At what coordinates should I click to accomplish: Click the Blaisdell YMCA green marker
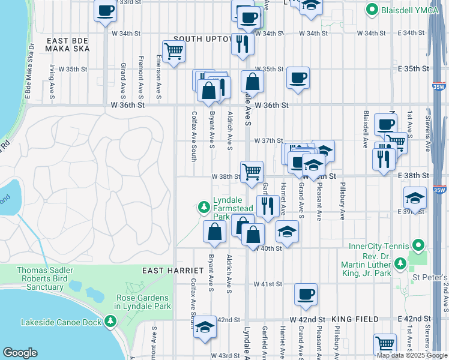[372, 10]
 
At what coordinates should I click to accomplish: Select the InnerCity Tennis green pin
[419, 245]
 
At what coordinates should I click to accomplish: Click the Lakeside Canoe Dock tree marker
[110, 322]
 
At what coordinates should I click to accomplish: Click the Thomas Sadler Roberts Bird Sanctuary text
[40, 278]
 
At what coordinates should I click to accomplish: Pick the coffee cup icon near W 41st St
[306, 294]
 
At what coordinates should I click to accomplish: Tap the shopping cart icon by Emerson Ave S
[173, 51]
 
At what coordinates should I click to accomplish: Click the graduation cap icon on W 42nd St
[205, 326]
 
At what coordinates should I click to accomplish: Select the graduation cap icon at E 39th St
[415, 197]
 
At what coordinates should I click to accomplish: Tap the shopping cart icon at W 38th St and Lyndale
[251, 171]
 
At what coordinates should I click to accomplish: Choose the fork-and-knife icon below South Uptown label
[243, 43]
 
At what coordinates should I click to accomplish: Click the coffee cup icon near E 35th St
[298, 77]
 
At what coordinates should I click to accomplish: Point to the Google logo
[21, 353]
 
